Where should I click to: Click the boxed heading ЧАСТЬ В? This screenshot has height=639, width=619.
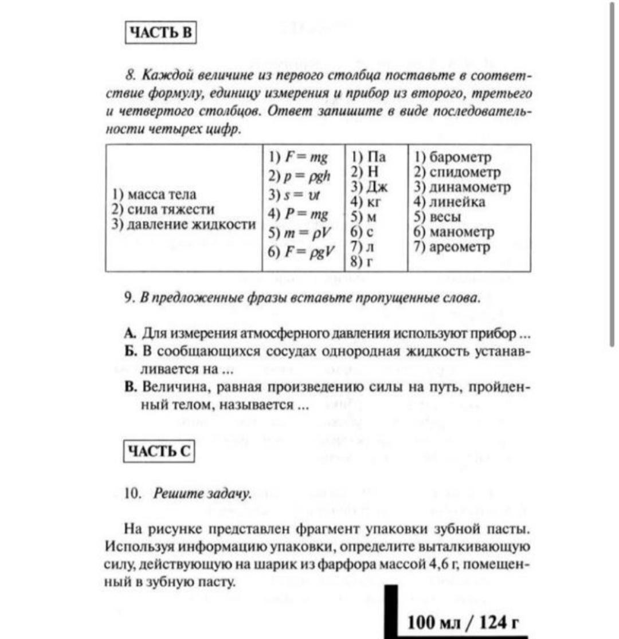(x=161, y=33)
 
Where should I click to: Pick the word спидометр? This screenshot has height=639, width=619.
(x=463, y=172)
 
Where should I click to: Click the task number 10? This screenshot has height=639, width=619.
(x=132, y=493)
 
